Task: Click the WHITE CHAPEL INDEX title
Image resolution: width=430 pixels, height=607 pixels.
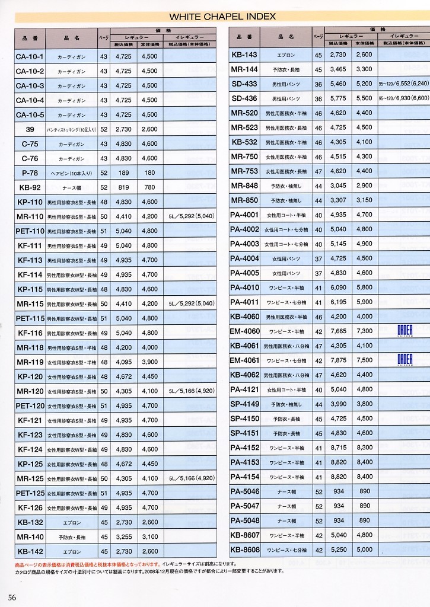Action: [x=222, y=17]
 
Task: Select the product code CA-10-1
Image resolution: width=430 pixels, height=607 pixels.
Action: [x=30, y=56]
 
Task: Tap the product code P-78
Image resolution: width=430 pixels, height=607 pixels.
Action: [x=30, y=173]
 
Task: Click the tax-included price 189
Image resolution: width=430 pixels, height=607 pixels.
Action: [x=123, y=173]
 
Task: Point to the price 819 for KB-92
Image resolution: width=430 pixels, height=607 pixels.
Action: [x=123, y=187]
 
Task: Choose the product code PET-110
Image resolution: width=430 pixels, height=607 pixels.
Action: [x=30, y=231]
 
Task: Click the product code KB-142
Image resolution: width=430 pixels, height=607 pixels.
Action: [x=30, y=551]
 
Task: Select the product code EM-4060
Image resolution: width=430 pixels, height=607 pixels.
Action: [x=244, y=331]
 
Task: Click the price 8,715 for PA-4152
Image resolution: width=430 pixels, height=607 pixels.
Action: [x=337, y=448]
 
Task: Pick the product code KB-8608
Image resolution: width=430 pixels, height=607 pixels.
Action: [x=244, y=550]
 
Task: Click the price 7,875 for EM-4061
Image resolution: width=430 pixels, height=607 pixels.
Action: [x=337, y=360]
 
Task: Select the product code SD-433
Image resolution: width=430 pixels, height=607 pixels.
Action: [x=244, y=84]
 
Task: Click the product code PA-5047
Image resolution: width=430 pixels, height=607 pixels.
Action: [x=244, y=506]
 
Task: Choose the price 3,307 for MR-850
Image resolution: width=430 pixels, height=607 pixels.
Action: [x=337, y=200]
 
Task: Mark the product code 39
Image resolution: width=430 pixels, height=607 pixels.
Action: [x=30, y=129]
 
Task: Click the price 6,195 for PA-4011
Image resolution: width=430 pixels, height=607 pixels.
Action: [x=337, y=302]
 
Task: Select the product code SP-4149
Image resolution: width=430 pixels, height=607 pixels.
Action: [x=244, y=404]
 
